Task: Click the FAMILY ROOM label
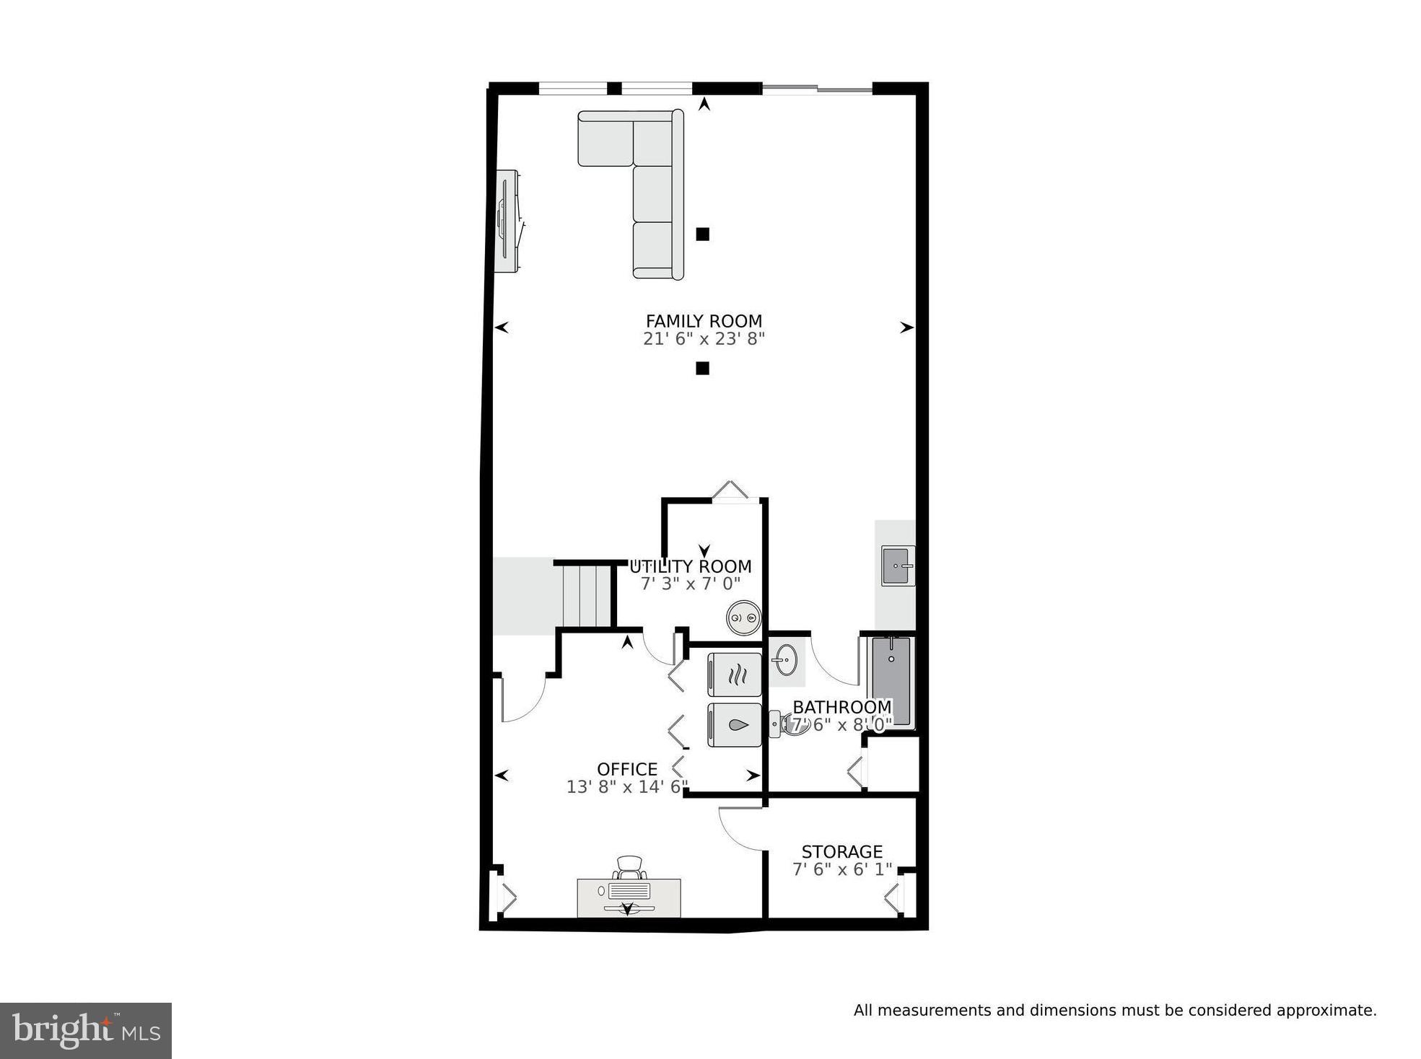click(x=703, y=321)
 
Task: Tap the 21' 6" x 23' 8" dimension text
click(x=703, y=339)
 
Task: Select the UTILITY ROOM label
click(x=691, y=566)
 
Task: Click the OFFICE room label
click(x=626, y=769)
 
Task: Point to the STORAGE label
click(x=841, y=852)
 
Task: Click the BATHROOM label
click(x=841, y=707)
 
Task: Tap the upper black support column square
click(x=702, y=234)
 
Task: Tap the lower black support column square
click(x=702, y=369)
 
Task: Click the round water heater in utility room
click(x=743, y=618)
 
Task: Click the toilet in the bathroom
click(x=783, y=724)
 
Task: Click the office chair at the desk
click(x=629, y=868)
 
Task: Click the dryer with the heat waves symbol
click(x=735, y=675)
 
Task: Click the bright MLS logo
click(x=86, y=1030)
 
